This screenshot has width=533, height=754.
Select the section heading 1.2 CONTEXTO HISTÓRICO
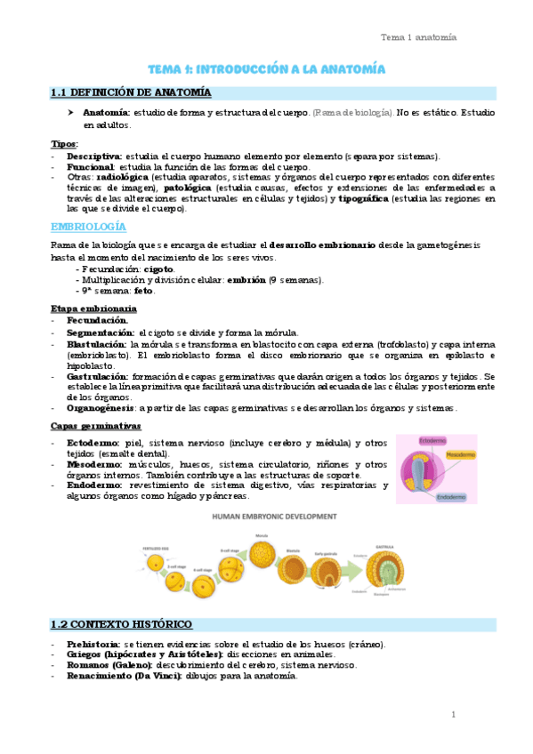pyautogui.click(x=121, y=624)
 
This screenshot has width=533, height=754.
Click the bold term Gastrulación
pyautogui.click(x=96, y=377)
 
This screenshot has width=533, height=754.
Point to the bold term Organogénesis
pyautogui.click(x=101, y=408)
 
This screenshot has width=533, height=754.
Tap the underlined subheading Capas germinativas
pyautogui.click(x=93, y=427)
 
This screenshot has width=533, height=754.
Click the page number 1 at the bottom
pyautogui.click(x=453, y=715)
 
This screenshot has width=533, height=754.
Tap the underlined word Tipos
pyautogui.click(x=64, y=144)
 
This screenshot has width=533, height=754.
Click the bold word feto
pyautogui.click(x=141, y=290)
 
